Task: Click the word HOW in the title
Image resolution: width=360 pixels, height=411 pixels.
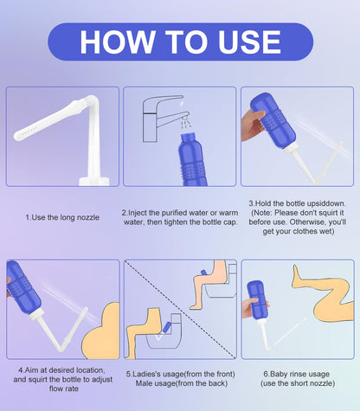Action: point(117,42)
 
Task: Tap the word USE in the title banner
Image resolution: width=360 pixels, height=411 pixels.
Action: point(249,42)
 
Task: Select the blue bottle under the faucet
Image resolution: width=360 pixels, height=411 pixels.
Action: point(192,160)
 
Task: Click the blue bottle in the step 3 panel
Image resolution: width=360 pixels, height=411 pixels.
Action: point(273,120)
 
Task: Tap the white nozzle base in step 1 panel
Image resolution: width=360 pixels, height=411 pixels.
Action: point(94,182)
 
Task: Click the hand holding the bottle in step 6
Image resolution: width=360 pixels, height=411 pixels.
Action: point(251,308)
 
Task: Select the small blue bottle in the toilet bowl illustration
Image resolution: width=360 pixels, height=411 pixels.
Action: point(166,328)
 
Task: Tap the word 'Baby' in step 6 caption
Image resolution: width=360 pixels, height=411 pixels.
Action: point(279,375)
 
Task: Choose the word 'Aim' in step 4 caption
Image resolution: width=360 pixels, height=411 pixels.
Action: point(31,370)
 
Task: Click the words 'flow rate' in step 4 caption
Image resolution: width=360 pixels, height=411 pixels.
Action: point(64,389)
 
